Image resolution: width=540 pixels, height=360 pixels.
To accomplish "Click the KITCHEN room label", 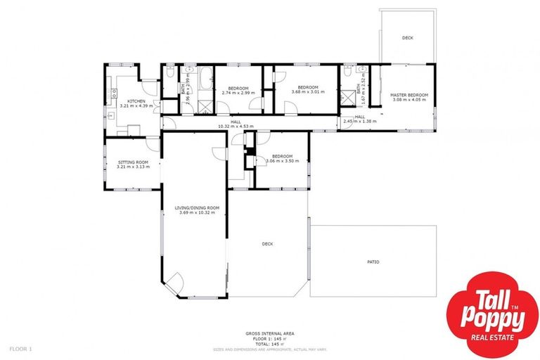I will tap(136, 101).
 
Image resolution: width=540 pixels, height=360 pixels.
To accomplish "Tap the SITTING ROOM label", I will tap(132, 162).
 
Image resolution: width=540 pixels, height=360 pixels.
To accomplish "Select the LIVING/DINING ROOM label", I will tap(198, 207).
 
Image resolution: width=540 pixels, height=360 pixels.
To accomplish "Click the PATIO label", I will tap(373, 262).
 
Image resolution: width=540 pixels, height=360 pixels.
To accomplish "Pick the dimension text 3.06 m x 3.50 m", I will tap(282, 161).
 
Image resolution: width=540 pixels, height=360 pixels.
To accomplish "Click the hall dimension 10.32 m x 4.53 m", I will tap(236, 127).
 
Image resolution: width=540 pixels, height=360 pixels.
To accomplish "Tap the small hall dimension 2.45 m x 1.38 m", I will tap(359, 122).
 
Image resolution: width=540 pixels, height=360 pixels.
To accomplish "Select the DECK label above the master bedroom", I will tap(408, 38).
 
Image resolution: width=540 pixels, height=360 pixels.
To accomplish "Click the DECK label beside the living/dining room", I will tap(267, 244).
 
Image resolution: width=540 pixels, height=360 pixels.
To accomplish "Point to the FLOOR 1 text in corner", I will tap(20, 348).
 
